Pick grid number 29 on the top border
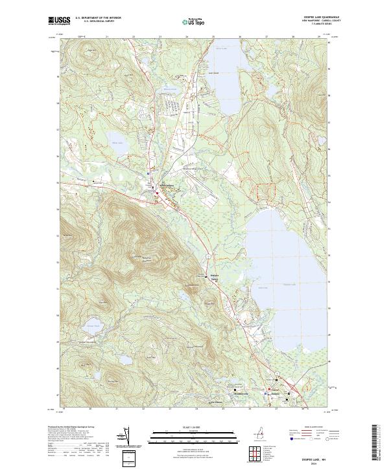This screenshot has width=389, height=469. point(319,38)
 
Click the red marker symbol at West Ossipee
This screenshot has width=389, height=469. point(156,193)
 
